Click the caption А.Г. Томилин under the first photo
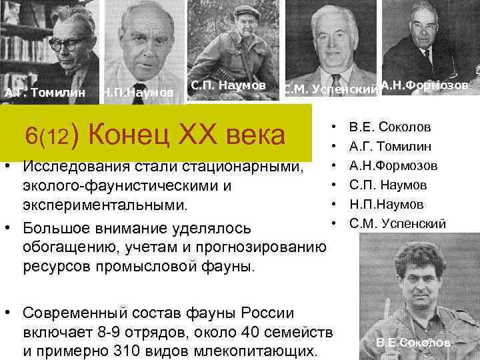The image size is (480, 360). [45, 92]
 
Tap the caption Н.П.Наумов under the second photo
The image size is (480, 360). [138, 92]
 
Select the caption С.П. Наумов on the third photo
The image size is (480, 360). [228, 85]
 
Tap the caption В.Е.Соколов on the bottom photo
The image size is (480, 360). [413, 343]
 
